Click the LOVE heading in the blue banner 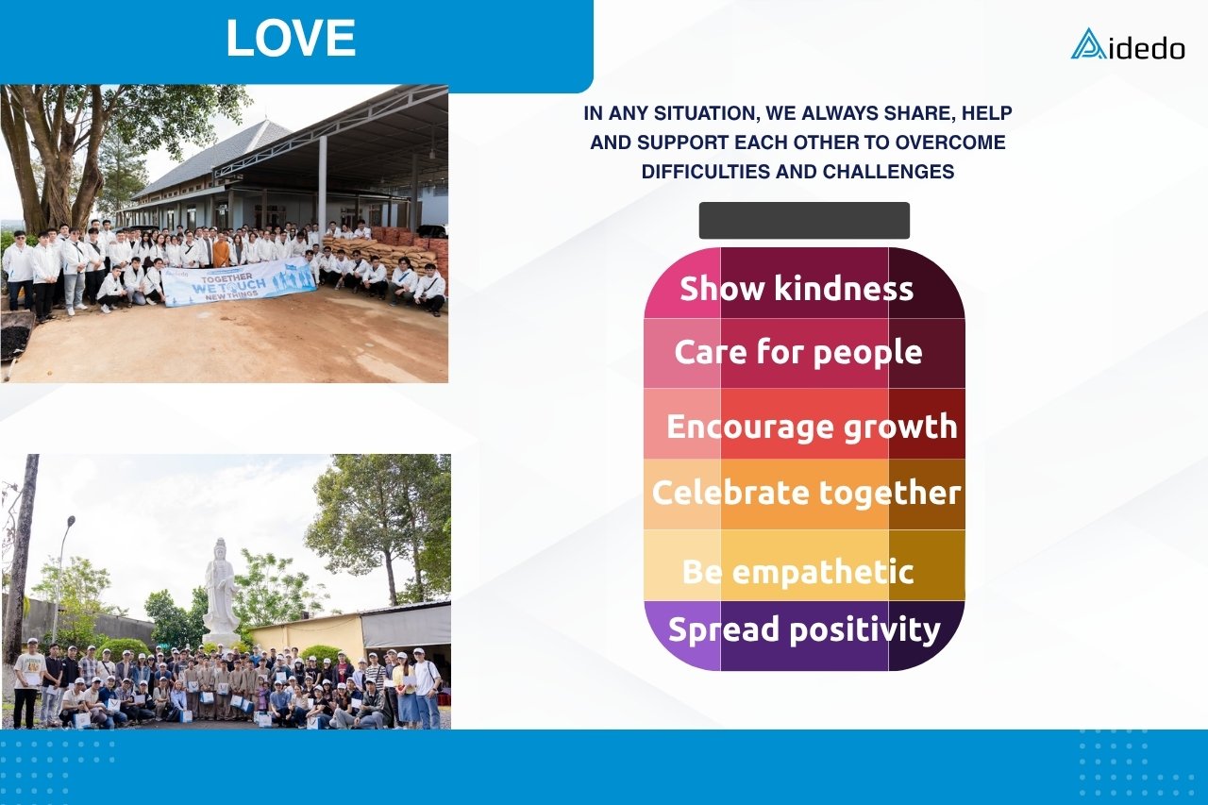(x=291, y=38)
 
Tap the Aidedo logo (x=1128, y=44)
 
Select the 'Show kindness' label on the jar (x=797, y=288)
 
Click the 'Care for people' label (x=798, y=353)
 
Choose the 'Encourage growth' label (x=813, y=428)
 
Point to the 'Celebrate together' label (x=806, y=494)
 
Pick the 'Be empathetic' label (x=798, y=572)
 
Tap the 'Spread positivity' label (x=804, y=629)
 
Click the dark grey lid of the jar (x=804, y=221)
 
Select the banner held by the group (x=239, y=282)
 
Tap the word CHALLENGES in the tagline (x=889, y=172)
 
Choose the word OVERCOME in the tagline (x=950, y=143)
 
